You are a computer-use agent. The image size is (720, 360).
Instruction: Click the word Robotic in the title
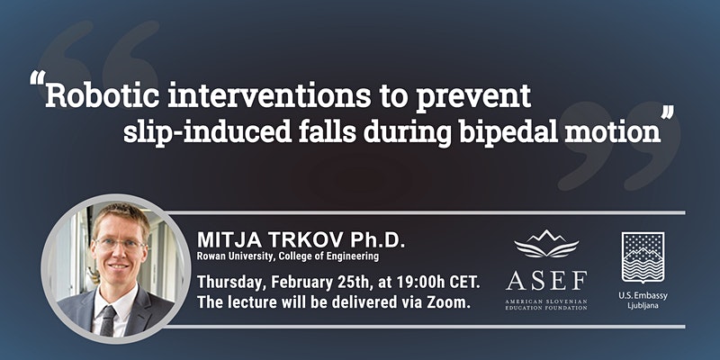coord(102,95)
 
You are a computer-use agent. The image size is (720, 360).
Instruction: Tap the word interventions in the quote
coord(266,95)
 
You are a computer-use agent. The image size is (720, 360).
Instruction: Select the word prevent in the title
coord(473,97)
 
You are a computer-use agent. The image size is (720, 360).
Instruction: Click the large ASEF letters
coord(546,280)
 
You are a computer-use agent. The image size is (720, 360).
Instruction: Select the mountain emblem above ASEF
coord(546,243)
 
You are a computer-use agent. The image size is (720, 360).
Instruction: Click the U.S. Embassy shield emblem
coord(643,257)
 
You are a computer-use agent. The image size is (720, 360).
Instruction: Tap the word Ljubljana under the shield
coord(643,305)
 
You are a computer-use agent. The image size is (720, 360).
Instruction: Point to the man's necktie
coord(109,319)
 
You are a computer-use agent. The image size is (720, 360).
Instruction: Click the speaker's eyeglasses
coord(120,244)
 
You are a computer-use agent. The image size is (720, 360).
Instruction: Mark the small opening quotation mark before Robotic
coord(38,78)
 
